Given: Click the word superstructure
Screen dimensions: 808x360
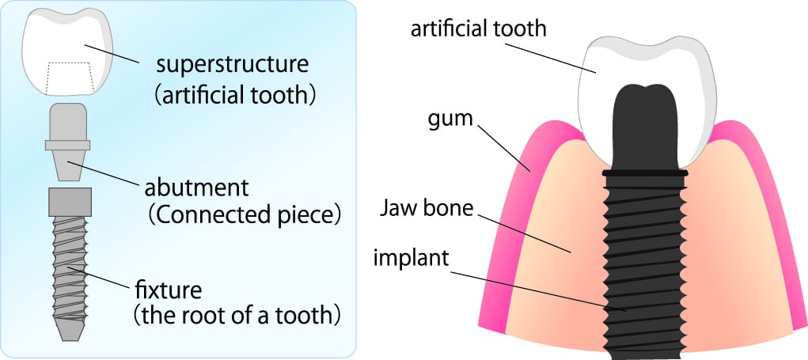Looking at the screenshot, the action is [233, 66].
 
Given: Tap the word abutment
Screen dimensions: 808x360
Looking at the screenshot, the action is [196, 188].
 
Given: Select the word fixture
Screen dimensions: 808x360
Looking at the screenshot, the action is [169, 290].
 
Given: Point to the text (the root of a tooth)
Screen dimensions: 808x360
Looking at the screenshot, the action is [237, 315].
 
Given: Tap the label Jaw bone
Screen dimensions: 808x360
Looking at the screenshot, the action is [426, 209].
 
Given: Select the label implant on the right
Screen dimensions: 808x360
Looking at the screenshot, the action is [412, 257].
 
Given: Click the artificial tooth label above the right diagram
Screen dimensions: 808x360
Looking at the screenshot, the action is [478, 28].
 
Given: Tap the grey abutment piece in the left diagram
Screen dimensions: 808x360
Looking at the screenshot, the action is [67, 142].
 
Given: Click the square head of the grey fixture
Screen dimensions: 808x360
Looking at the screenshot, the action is [70, 202].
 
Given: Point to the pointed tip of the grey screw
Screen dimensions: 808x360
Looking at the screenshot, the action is [70, 337].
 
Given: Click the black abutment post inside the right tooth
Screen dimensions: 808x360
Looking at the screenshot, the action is [645, 125].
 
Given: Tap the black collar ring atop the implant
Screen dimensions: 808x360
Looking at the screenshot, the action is [645, 173].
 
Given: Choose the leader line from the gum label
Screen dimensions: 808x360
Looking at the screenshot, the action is [504, 148].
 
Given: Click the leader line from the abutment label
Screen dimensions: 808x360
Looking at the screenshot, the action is [103, 175].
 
